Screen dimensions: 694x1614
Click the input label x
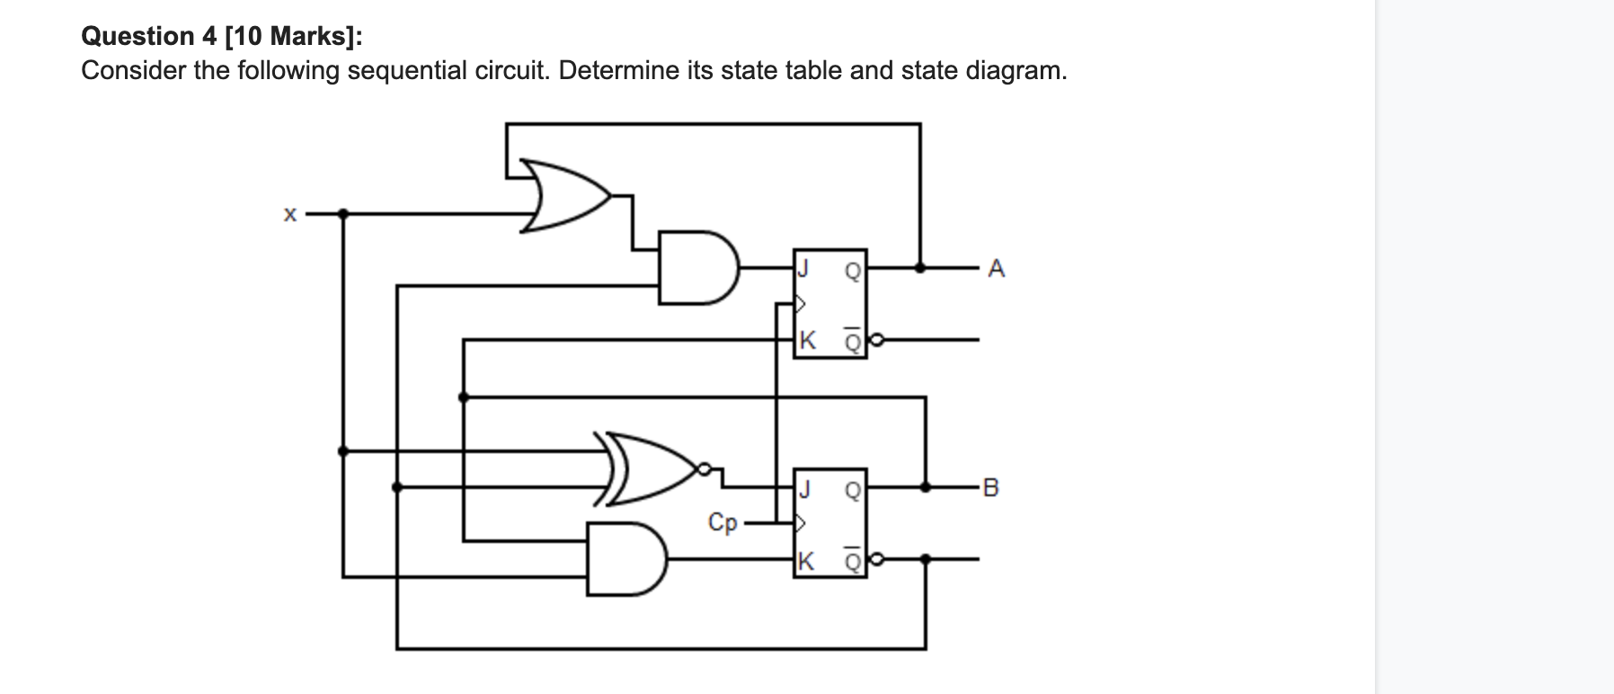(289, 215)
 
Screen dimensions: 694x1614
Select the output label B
(991, 488)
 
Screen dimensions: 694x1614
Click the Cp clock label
(723, 522)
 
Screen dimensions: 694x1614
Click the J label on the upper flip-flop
(805, 268)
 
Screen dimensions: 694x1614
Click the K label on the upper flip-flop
(807, 341)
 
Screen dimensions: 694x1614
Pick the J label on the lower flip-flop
(805, 488)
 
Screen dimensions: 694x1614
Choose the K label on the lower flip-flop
(806, 561)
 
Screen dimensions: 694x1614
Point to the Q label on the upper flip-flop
(852, 269)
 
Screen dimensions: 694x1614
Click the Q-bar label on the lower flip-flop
(852, 561)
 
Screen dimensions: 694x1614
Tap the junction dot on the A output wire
(919, 267)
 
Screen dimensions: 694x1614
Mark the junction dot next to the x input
(342, 214)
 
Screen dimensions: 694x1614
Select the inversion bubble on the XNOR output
(705, 468)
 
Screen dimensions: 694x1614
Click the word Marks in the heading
(306, 36)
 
